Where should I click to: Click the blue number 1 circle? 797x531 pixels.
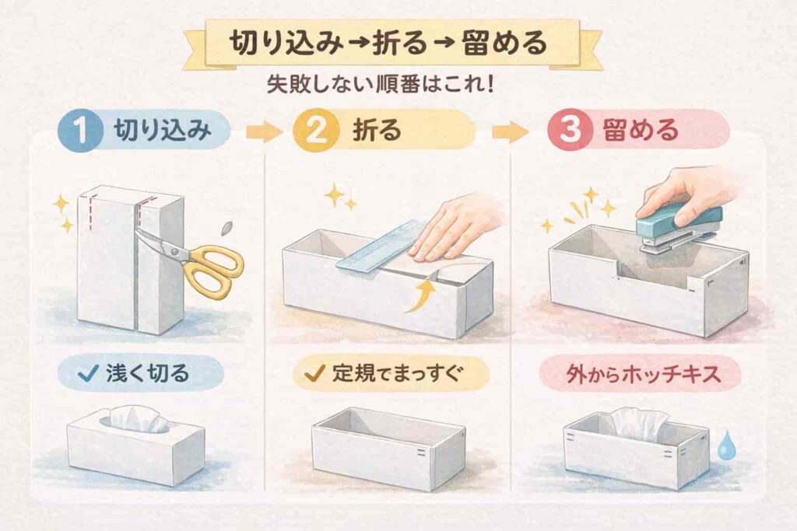79,130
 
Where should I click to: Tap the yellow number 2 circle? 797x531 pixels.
316,130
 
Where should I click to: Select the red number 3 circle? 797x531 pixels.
569,130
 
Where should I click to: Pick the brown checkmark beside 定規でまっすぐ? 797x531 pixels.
314,374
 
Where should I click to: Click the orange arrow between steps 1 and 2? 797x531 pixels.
263,131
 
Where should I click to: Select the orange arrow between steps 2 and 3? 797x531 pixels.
510,131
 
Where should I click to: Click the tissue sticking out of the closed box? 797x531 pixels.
136,419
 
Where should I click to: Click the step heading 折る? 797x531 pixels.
377,131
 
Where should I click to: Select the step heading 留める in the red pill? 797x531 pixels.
641,131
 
